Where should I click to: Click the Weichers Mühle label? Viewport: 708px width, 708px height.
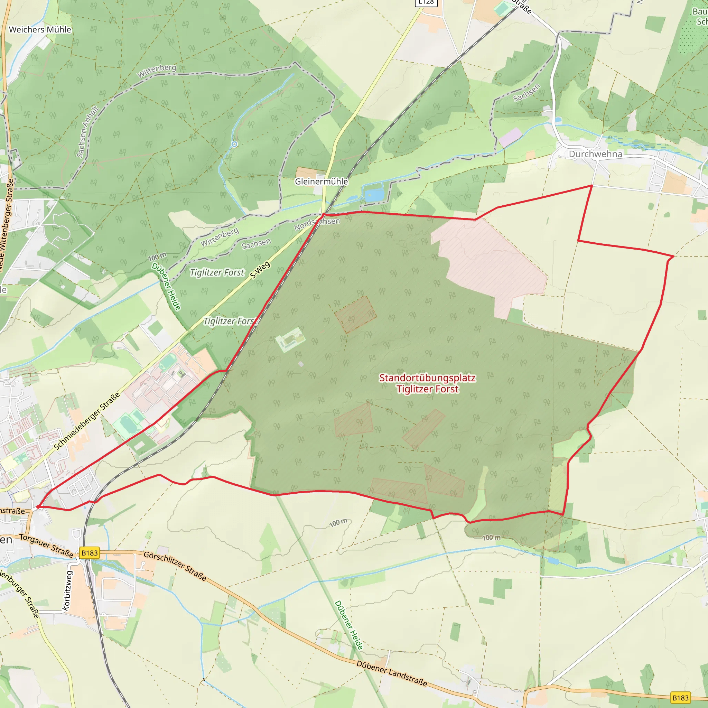40,30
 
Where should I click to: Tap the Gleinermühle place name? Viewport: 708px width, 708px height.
322,181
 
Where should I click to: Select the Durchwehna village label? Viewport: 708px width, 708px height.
595,154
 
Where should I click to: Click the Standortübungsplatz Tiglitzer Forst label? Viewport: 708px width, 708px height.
427,383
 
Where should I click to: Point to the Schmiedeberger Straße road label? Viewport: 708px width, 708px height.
87,421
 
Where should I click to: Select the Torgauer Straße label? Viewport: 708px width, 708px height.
46,546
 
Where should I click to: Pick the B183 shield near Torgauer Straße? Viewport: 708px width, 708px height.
90,553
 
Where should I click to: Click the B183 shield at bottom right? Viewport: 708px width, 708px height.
680,698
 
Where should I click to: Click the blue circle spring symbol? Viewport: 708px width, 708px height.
234,144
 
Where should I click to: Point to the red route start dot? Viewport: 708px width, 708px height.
38,507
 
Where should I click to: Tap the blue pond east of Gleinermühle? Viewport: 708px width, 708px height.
374,195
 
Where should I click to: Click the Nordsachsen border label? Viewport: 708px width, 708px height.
317,224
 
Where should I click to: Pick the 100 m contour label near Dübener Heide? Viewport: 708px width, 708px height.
157,257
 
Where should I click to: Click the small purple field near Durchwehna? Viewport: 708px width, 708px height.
510,137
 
